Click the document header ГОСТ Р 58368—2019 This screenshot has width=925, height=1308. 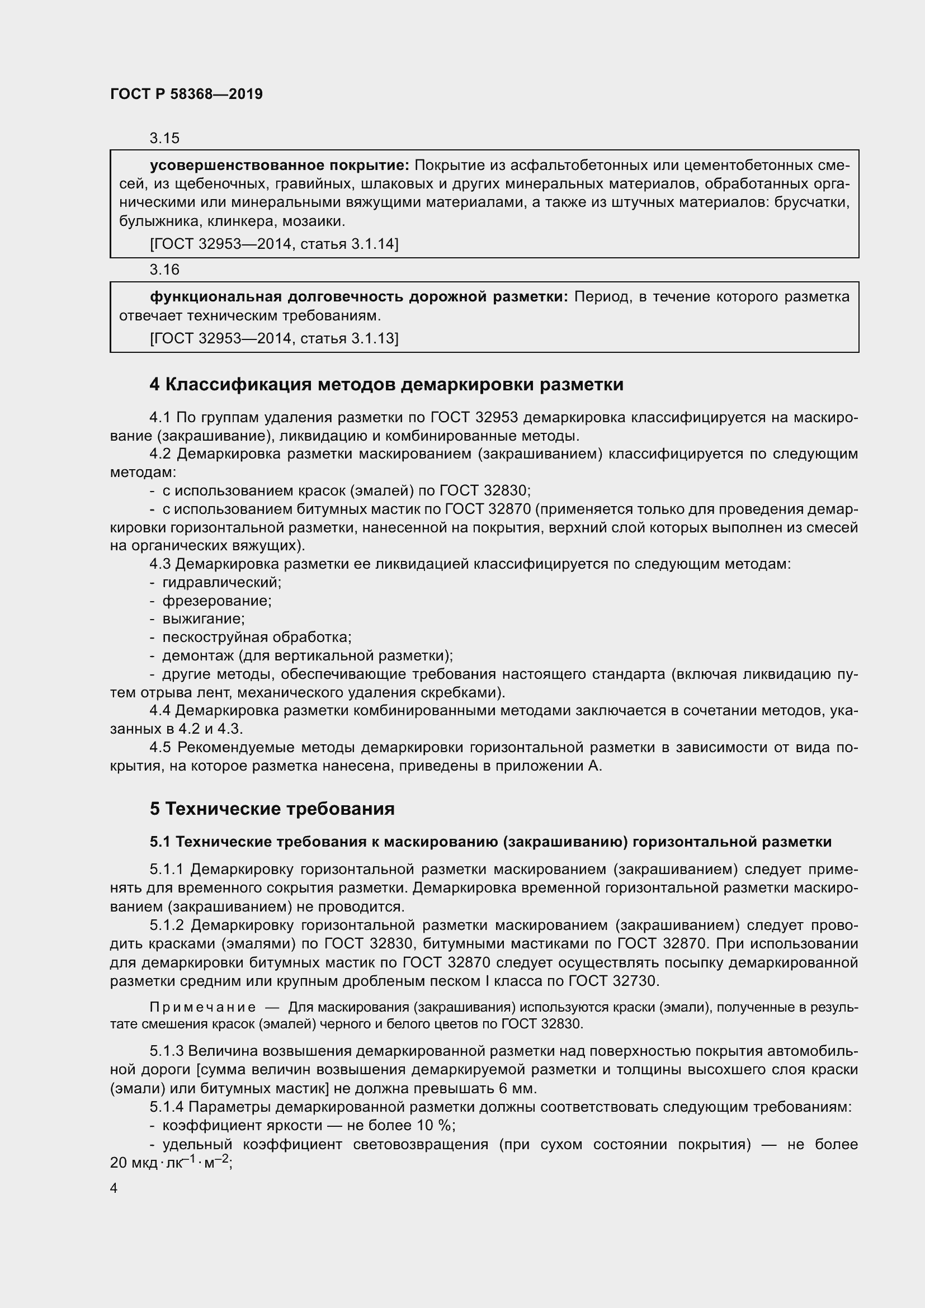point(186,94)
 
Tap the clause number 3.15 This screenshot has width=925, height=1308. point(164,138)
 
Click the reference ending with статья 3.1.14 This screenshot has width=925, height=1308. point(274,244)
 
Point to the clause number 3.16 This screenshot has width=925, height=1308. point(164,270)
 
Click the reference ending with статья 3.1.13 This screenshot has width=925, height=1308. point(274,338)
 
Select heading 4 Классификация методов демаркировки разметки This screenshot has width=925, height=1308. point(386,385)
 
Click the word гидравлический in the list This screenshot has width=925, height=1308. point(221,582)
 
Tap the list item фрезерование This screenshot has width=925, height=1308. point(217,601)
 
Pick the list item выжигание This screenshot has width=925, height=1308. point(204,618)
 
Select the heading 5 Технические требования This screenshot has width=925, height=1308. point(272,809)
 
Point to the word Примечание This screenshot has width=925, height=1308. point(202,1008)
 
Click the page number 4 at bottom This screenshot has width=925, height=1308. point(114,1189)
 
